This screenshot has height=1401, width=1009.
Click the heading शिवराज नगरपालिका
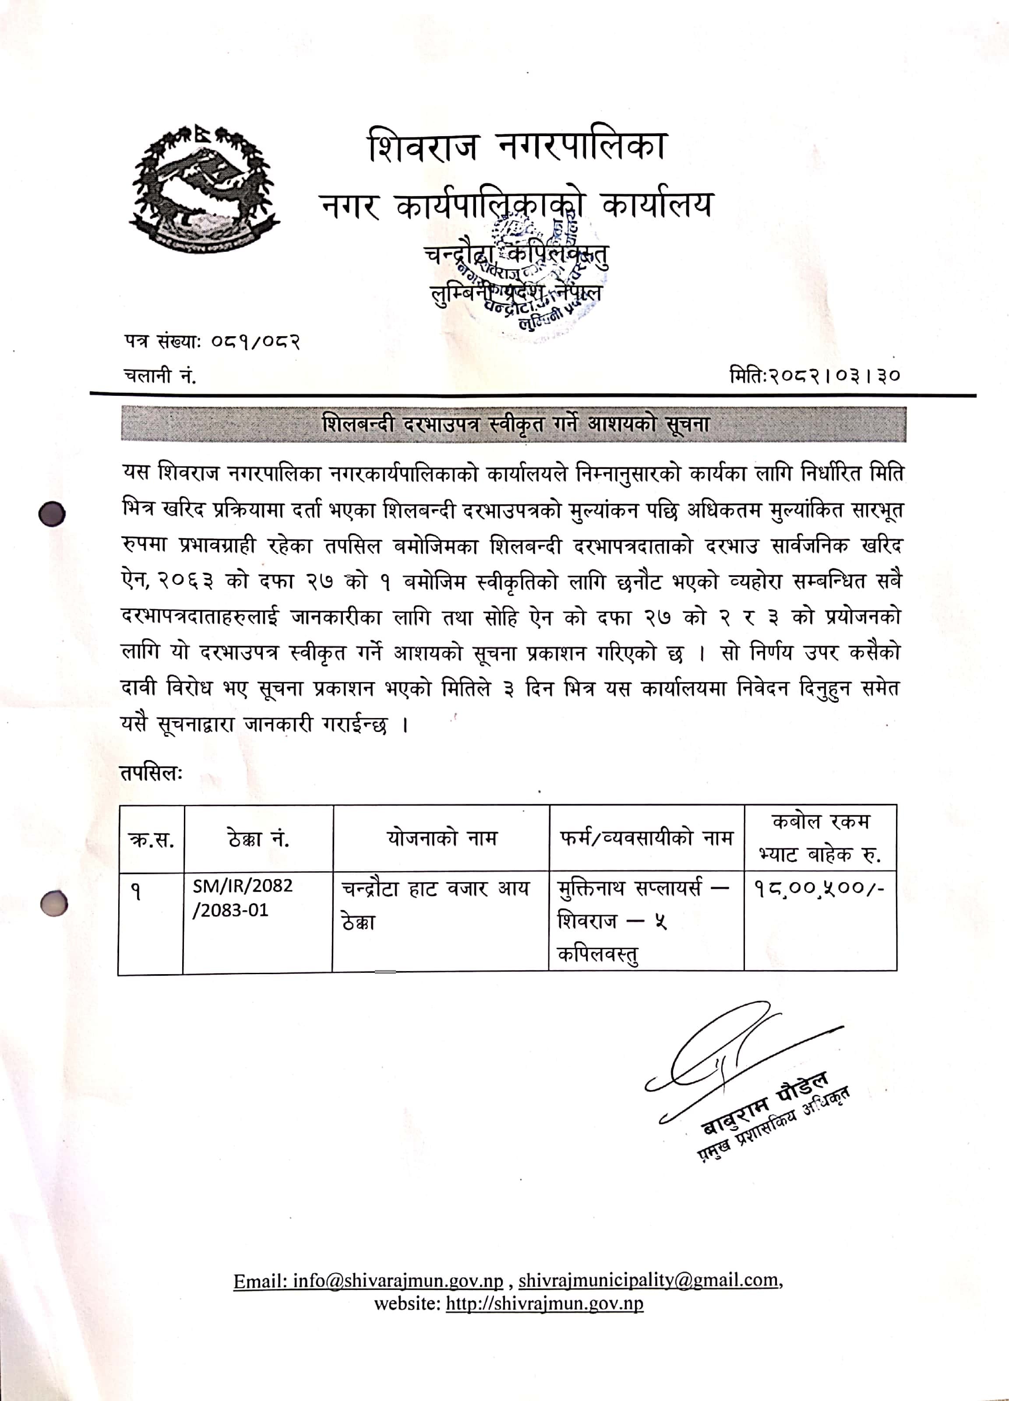click(517, 146)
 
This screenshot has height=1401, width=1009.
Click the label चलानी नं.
click(160, 375)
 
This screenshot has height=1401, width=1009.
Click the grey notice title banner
click(513, 424)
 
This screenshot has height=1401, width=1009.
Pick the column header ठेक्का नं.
click(258, 838)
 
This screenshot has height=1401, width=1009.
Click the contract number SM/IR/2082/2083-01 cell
click(242, 898)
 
